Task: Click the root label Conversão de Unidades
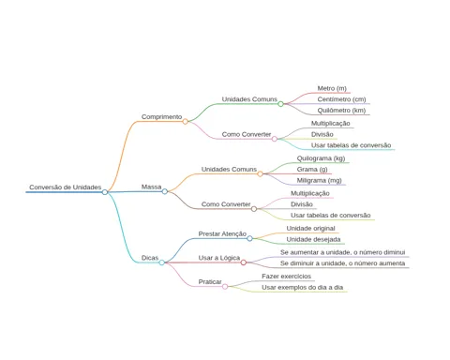coord(66,187)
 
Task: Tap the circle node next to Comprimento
coord(186,121)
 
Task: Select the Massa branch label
coord(151,187)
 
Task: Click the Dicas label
coord(150,258)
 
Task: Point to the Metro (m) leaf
coord(332,88)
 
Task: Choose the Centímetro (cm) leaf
coord(341,99)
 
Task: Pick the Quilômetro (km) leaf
coord(341,111)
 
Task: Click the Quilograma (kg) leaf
coord(321,158)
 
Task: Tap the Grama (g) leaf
coord(312,170)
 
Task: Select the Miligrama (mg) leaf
coord(319,180)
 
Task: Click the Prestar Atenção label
coord(222,233)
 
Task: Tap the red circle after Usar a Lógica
coord(244,262)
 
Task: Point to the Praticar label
coord(210,282)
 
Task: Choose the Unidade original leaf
coord(310,229)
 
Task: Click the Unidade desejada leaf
coord(313,239)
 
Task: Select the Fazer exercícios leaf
coord(286,277)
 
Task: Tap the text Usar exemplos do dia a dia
coord(303,287)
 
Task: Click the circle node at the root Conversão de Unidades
coord(105,192)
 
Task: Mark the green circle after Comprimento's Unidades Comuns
coord(280,104)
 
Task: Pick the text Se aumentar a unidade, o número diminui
coord(342,252)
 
